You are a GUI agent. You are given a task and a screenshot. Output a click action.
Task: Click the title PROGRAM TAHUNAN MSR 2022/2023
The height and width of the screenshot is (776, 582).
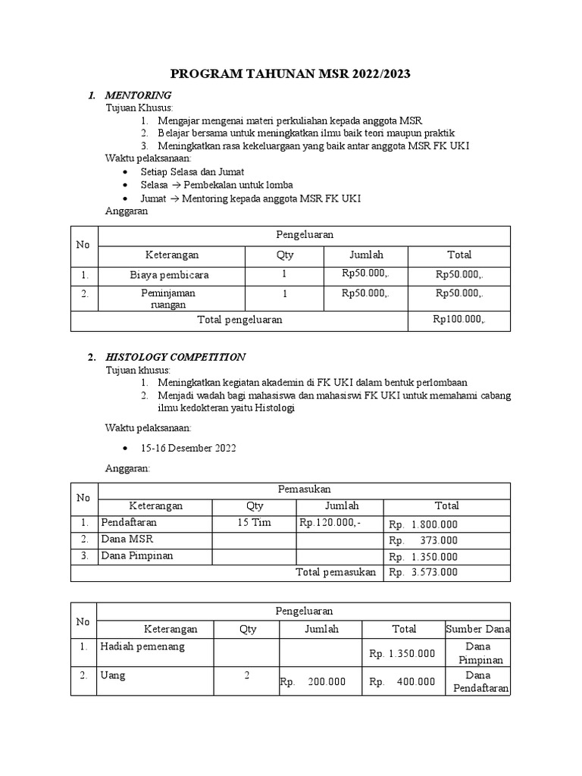click(x=291, y=74)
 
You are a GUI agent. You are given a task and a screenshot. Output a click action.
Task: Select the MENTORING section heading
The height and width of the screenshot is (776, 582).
click(x=138, y=95)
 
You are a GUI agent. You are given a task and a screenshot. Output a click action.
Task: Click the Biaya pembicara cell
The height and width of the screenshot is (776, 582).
click(x=169, y=274)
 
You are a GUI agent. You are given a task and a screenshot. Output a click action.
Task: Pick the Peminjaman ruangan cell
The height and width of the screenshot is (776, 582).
click(x=168, y=299)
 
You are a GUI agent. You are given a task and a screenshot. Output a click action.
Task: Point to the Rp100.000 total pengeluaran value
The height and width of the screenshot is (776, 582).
click(x=459, y=320)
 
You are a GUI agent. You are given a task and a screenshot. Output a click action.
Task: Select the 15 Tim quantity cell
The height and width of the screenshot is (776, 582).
click(x=253, y=523)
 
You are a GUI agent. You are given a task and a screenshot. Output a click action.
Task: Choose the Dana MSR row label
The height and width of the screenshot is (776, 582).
click(x=127, y=539)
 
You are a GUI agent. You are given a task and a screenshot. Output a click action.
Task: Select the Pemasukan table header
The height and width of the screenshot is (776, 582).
click(x=305, y=490)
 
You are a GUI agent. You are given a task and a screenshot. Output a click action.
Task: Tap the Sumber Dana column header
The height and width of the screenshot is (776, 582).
click(x=477, y=629)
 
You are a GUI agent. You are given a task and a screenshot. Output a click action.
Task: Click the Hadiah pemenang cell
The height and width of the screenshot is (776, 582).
click(x=142, y=646)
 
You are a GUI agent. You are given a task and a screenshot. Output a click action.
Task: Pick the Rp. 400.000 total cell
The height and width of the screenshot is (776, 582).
click(x=402, y=681)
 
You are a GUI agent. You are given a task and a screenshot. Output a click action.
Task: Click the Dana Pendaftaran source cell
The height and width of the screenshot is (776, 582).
click(x=477, y=682)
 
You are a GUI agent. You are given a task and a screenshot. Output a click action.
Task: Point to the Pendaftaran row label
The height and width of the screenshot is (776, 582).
click(x=131, y=522)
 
